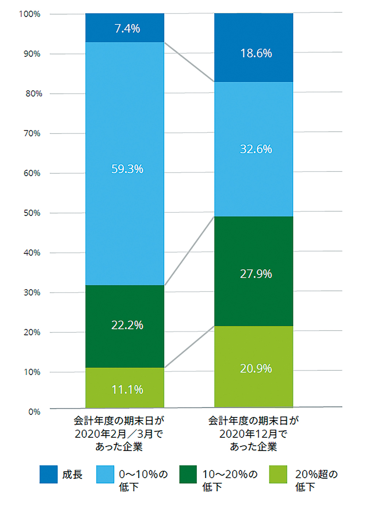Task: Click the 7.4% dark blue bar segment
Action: (125, 28)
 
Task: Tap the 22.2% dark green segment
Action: (125, 326)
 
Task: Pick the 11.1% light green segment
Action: (125, 388)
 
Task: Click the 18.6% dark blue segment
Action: (254, 47)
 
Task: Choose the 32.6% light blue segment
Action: (254, 149)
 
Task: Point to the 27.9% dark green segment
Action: (254, 271)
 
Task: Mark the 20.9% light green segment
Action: (254, 366)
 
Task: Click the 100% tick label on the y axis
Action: (30, 14)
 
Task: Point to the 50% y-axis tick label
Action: (32, 213)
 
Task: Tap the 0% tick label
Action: (34, 412)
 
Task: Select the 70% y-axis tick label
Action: (32, 134)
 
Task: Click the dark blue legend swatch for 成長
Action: (49, 474)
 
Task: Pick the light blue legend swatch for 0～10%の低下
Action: (105, 474)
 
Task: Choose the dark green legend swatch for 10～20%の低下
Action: (188, 474)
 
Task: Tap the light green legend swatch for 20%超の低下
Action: (278, 474)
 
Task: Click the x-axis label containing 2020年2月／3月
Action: (119, 434)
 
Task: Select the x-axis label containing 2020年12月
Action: (253, 434)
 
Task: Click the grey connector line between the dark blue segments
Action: (189, 62)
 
